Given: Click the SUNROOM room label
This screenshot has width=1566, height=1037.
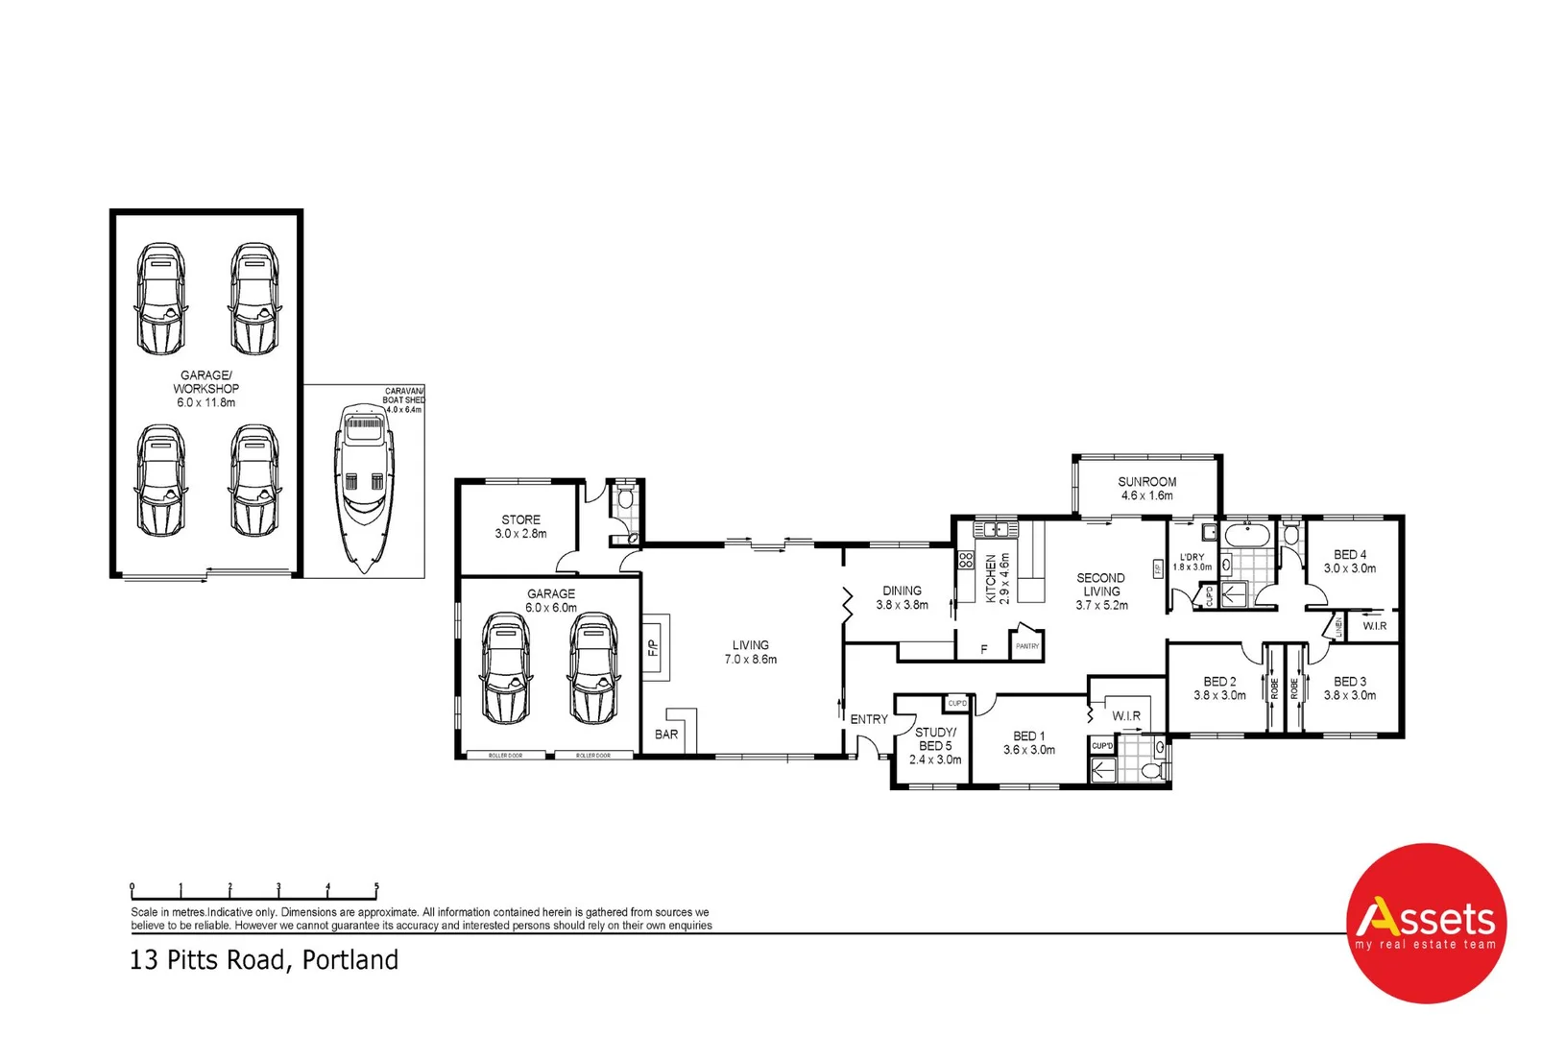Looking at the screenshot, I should tap(1146, 488).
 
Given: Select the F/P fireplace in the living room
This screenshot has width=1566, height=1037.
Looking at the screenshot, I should tap(654, 647).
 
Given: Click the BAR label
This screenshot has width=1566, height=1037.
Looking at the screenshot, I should tap(666, 735).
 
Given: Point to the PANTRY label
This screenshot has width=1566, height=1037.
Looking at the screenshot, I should tap(1027, 646).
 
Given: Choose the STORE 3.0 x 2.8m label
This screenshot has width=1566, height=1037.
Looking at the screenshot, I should tap(520, 526).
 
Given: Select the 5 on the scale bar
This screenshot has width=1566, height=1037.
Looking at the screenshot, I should tap(376, 887).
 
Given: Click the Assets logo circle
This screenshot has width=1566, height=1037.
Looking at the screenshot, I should tap(1426, 924).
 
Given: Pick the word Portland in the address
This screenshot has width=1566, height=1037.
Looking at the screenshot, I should tap(349, 960).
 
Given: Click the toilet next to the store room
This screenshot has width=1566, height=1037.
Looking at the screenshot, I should tap(625, 498).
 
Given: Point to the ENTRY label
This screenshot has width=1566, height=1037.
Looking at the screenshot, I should tap(869, 719).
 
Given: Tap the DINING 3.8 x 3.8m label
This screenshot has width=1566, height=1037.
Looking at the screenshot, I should tap(902, 597).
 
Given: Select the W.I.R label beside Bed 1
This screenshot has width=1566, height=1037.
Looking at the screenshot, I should tap(1126, 716).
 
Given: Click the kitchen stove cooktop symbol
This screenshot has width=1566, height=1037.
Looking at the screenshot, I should tap(966, 560).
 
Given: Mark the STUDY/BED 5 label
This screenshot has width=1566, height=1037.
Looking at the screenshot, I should tap(935, 745).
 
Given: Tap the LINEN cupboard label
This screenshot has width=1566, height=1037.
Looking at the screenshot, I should tap(1337, 627).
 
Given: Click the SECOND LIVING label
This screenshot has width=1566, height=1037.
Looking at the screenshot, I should tap(1101, 591).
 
